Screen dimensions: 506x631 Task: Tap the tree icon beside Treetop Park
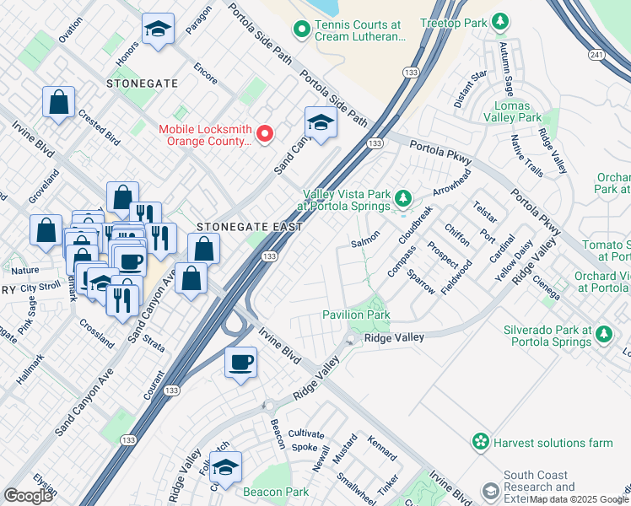click(500, 20)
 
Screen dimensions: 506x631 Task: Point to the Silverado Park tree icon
click(603, 335)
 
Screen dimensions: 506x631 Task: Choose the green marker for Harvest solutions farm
click(480, 441)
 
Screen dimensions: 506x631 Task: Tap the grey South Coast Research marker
click(490, 492)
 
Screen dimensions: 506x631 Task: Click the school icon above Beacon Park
click(225, 466)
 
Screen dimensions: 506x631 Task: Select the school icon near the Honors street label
click(157, 30)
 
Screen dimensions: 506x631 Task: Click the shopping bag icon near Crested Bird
click(59, 103)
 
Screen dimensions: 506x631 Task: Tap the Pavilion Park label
click(356, 315)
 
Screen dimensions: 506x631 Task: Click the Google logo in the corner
click(29, 496)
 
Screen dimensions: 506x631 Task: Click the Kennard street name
click(382, 449)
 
